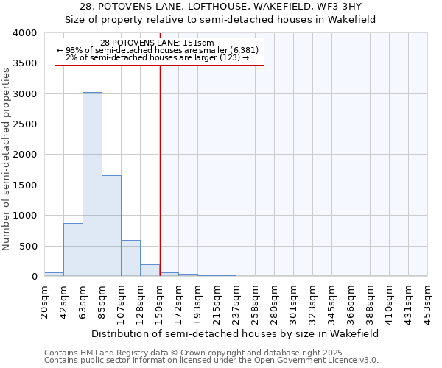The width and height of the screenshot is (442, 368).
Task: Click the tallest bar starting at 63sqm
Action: click(x=92, y=184)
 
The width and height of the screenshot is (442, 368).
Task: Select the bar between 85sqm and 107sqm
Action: click(x=111, y=225)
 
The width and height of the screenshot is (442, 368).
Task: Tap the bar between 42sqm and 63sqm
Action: click(x=73, y=250)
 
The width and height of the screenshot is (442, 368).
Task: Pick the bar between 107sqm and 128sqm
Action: click(x=130, y=258)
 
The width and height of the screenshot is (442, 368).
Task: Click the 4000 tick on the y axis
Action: click(x=24, y=33)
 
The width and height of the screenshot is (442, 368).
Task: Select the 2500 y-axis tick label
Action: click(x=24, y=124)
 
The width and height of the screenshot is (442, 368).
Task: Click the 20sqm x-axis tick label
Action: click(x=45, y=300)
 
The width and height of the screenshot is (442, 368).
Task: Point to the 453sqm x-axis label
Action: click(x=428, y=300)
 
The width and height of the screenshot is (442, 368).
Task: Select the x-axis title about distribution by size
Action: click(x=236, y=333)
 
